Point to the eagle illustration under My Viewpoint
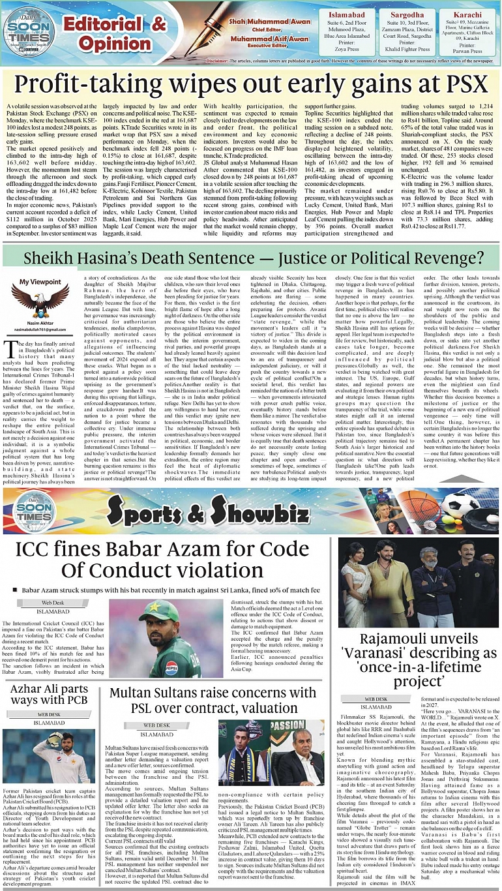[x=40, y=299]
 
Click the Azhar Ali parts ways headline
[x=50, y=695]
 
